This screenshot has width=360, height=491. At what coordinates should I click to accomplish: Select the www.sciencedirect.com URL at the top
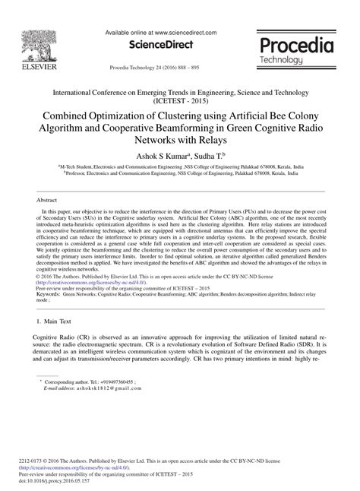point(184,33)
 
